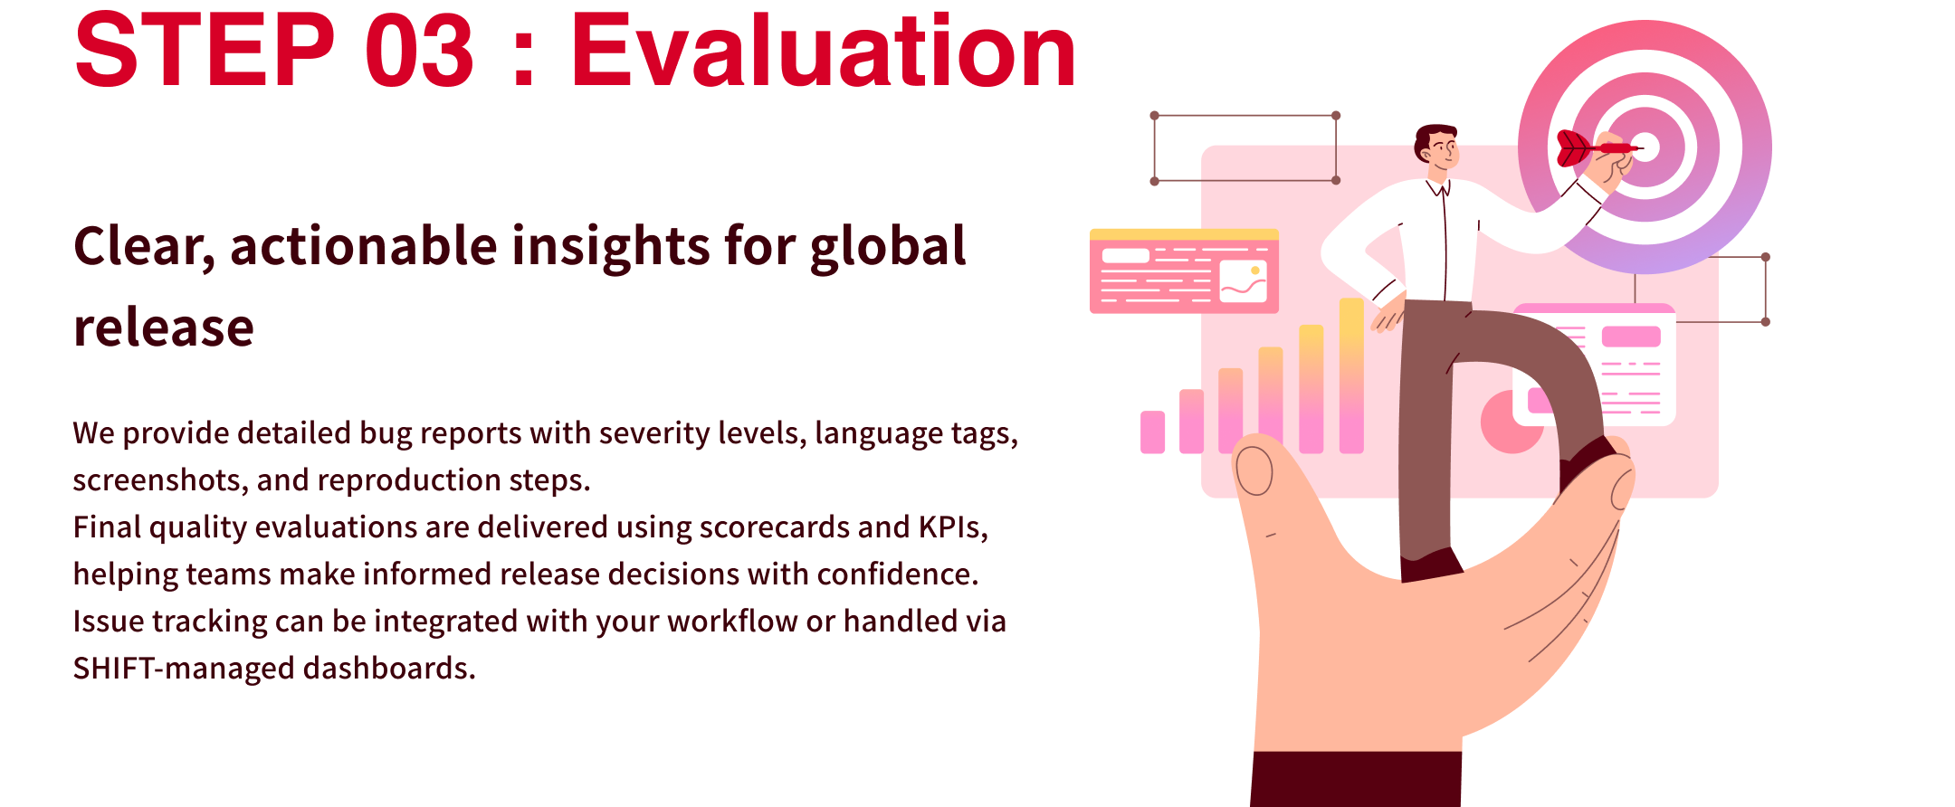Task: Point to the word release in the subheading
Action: tap(164, 328)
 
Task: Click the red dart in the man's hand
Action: tap(1597, 148)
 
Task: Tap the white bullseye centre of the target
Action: tap(1645, 147)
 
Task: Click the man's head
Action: tap(1436, 147)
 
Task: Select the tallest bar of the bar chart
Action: tap(1351, 375)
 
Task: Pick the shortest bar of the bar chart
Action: tap(1152, 432)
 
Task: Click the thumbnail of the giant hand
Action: tap(1254, 471)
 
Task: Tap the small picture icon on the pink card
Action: tap(1243, 281)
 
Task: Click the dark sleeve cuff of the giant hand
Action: tap(1356, 779)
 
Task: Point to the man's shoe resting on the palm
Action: tap(1430, 565)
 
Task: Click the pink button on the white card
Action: tap(1631, 337)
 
